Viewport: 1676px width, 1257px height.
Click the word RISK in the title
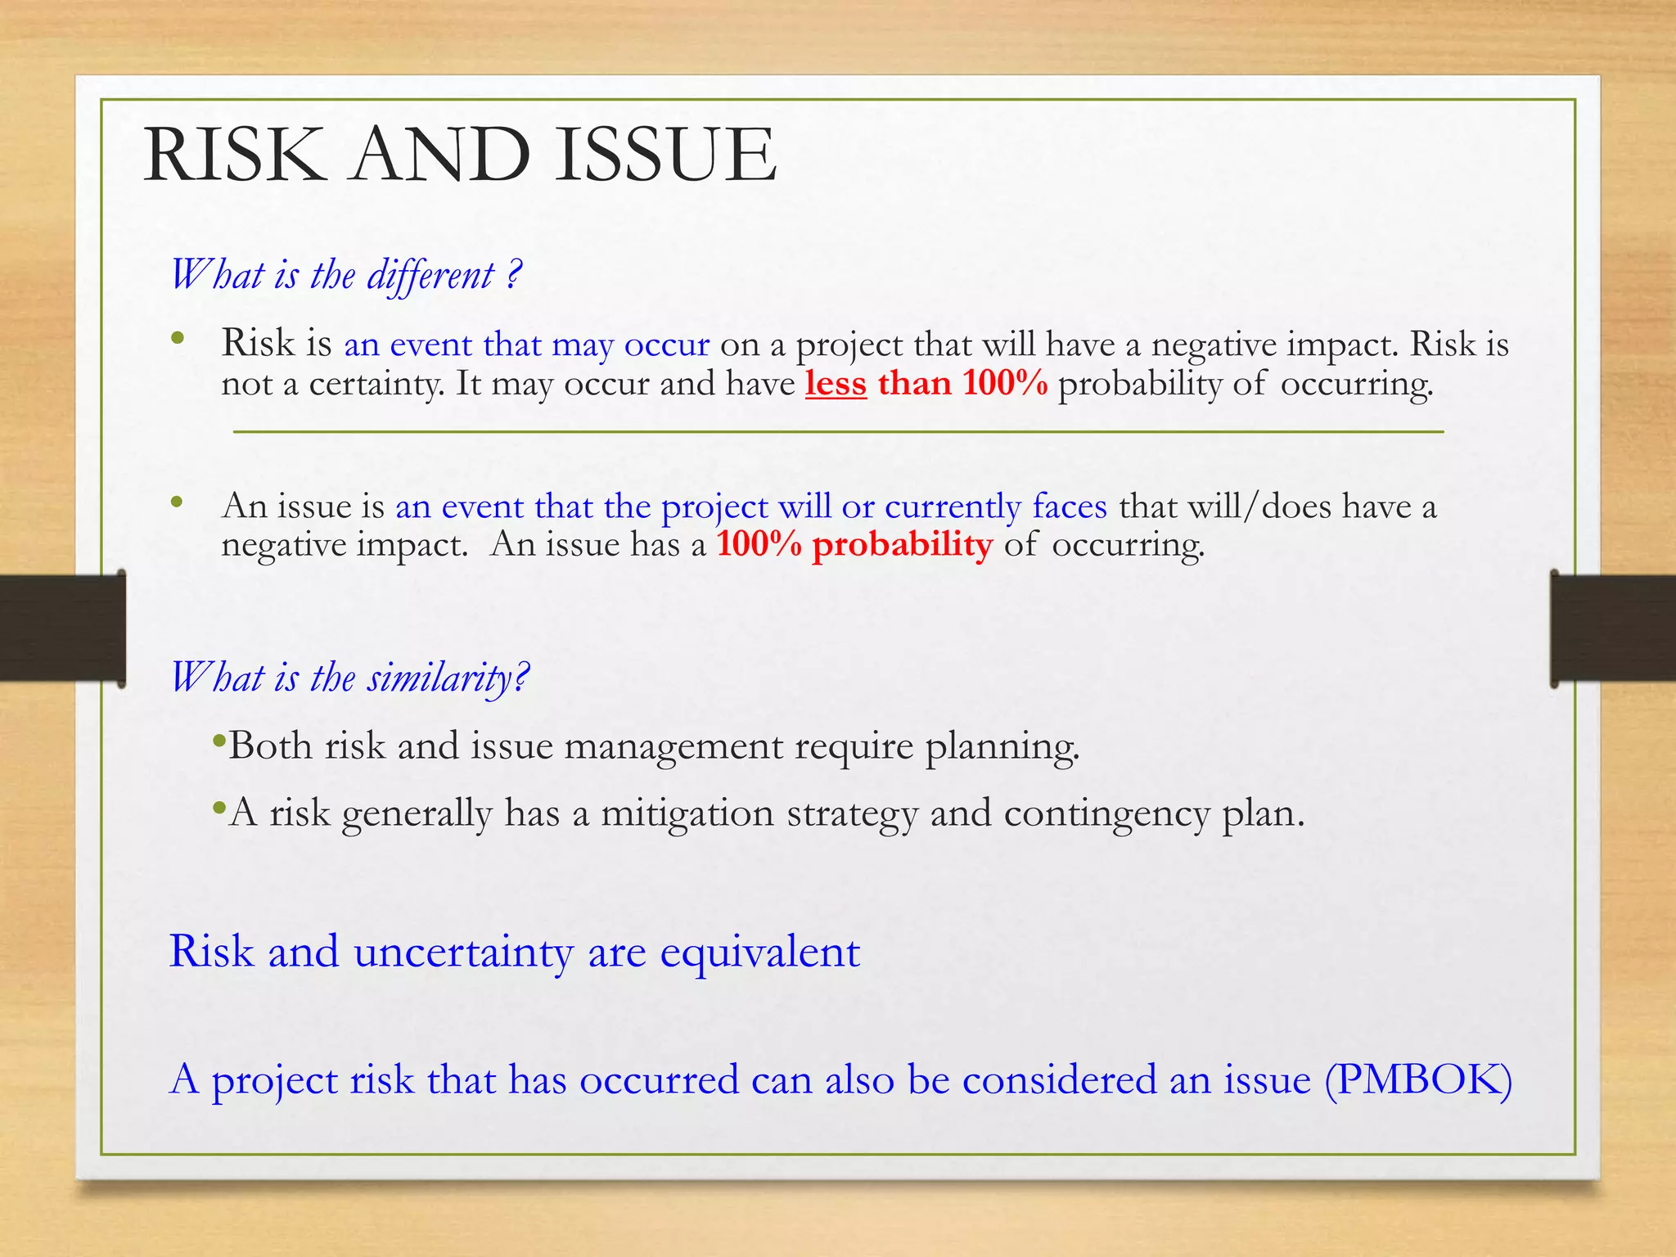point(232,155)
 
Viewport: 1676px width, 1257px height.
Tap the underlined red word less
point(836,383)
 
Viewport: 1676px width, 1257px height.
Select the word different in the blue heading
point(430,275)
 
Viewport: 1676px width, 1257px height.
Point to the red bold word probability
point(902,545)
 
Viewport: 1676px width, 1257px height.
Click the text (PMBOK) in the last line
point(1418,1079)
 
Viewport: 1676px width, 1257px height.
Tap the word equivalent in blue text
point(759,952)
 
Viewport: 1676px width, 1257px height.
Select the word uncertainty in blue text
point(463,952)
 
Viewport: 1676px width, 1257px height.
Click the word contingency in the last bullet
point(1106,813)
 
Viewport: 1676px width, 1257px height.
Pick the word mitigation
point(687,813)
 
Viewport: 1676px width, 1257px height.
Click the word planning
point(1002,746)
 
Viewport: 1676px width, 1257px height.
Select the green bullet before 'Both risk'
point(218,741)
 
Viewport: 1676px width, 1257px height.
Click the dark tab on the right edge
point(1613,628)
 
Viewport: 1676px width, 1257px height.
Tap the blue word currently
point(953,507)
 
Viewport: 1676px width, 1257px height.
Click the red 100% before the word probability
point(759,545)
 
